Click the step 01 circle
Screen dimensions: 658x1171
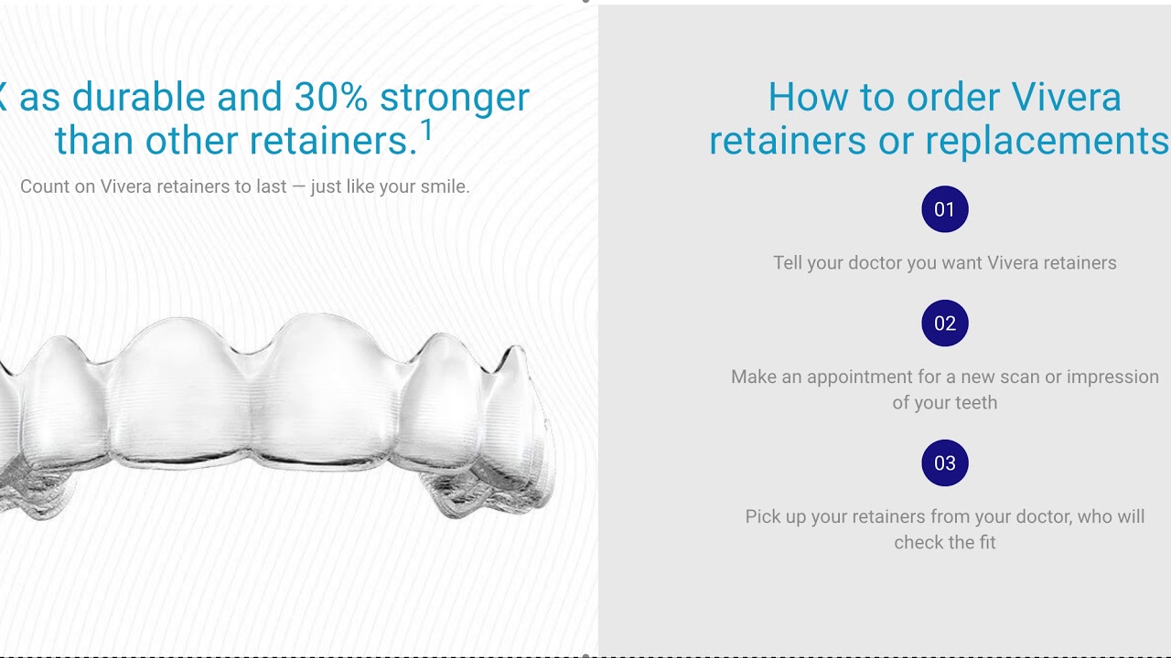945,209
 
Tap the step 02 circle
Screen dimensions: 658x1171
945,324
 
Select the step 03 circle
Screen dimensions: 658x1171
945,463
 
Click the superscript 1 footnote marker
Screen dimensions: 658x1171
426,133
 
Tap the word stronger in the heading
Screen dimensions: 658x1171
455,97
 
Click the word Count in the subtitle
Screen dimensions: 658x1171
45,186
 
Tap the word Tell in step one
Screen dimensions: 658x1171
788,263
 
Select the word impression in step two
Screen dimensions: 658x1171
1112,377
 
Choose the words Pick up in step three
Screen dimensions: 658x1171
776,516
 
